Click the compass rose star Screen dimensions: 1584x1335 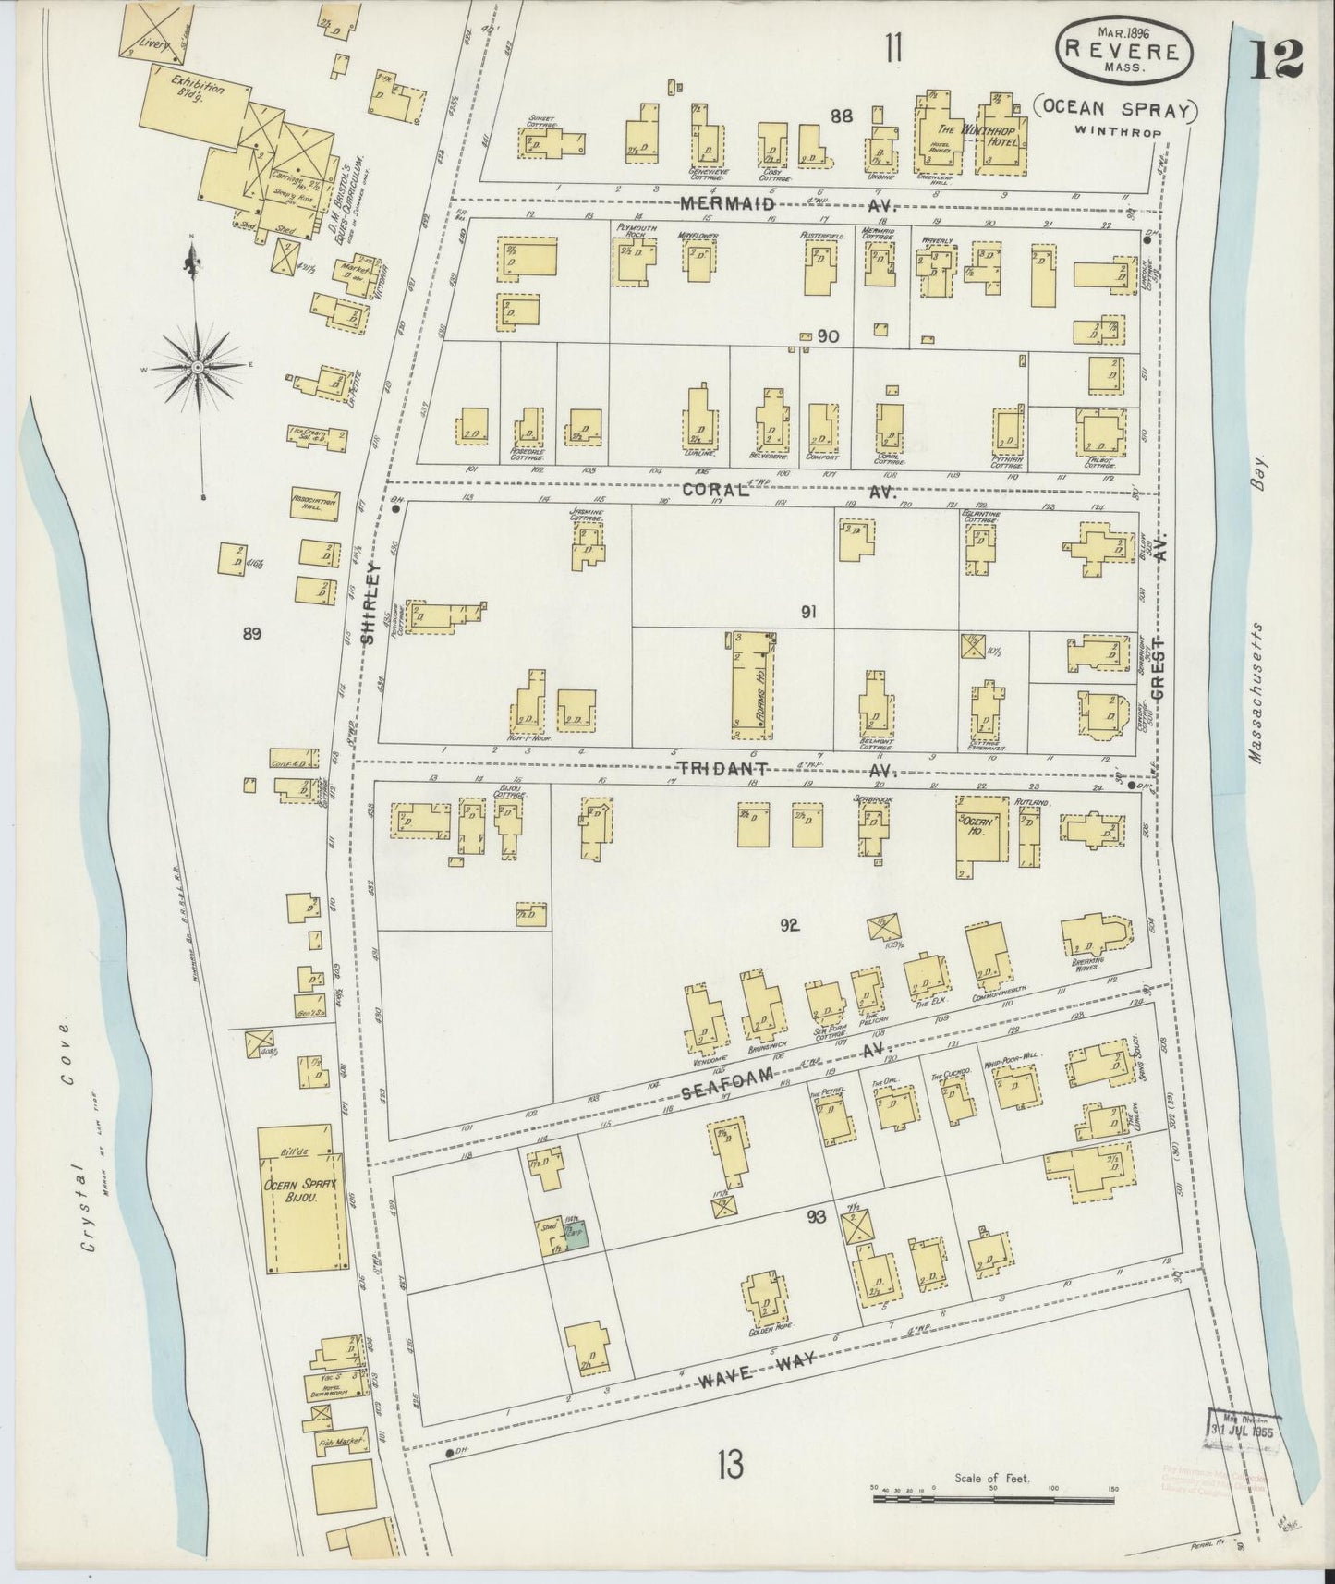(197, 367)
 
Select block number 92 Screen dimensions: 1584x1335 (788, 925)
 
